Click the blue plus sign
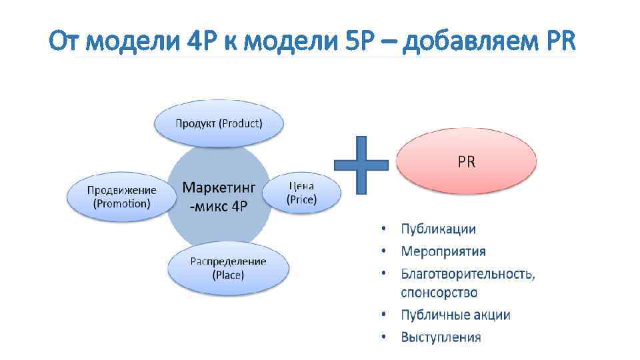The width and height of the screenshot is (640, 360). pyautogui.click(x=361, y=165)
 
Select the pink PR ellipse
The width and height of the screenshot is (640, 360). pyautogui.click(x=466, y=161)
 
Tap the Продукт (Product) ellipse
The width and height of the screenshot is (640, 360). pyautogui.click(x=219, y=123)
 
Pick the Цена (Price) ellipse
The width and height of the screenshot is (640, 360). pyautogui.click(x=301, y=193)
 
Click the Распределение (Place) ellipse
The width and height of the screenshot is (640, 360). pyautogui.click(x=228, y=267)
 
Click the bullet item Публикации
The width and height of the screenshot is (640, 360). pyautogui.click(x=438, y=229)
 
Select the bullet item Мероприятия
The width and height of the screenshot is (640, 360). pyautogui.click(x=443, y=251)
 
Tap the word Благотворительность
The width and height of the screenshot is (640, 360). pyautogui.click(x=467, y=273)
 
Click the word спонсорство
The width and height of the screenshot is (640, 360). pyautogui.click(x=439, y=293)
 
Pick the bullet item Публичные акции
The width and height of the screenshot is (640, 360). pyautogui.click(x=455, y=315)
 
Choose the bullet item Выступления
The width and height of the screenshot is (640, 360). pyautogui.click(x=440, y=337)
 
